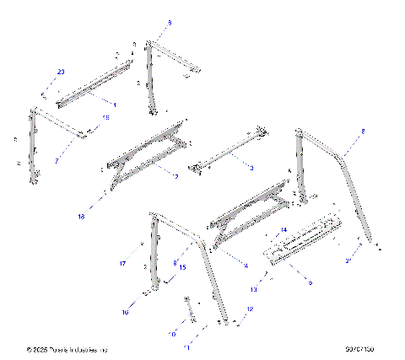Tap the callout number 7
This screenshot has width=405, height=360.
tap(57, 159)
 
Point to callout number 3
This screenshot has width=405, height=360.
tap(251, 169)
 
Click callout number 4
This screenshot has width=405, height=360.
tap(246, 266)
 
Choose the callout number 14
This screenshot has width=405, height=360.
tap(284, 229)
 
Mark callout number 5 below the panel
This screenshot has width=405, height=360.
tap(310, 282)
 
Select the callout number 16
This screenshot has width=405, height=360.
tap(125, 313)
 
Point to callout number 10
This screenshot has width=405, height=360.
tap(173, 334)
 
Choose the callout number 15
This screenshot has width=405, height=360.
tap(182, 267)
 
